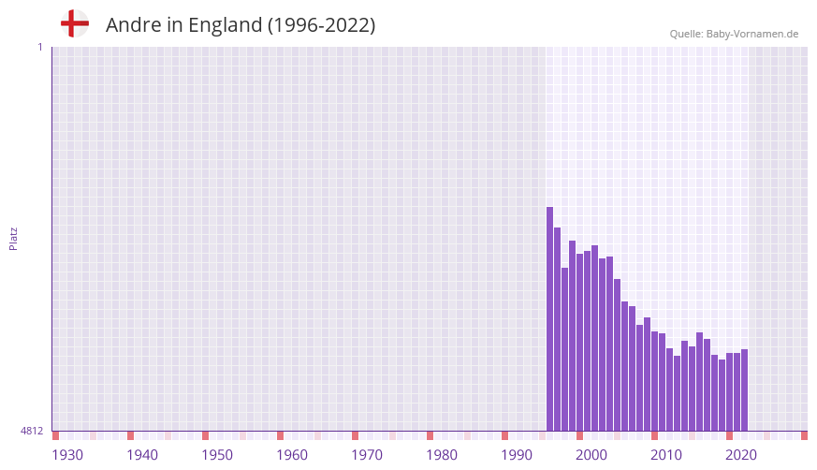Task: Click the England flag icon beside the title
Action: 74,23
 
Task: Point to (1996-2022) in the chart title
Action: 321,25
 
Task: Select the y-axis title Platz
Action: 13,238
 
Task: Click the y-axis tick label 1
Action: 39,47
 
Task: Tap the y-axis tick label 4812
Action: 32,431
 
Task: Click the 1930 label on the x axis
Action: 67,455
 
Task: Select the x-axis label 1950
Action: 217,455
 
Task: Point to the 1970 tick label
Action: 367,455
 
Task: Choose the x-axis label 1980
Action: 442,455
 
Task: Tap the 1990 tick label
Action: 517,455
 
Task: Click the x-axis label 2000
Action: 591,455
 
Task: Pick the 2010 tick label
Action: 666,455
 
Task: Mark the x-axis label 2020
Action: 741,455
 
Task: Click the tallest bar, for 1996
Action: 550,318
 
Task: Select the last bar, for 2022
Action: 744,389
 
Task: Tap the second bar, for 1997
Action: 558,329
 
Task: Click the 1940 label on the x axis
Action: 142,455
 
